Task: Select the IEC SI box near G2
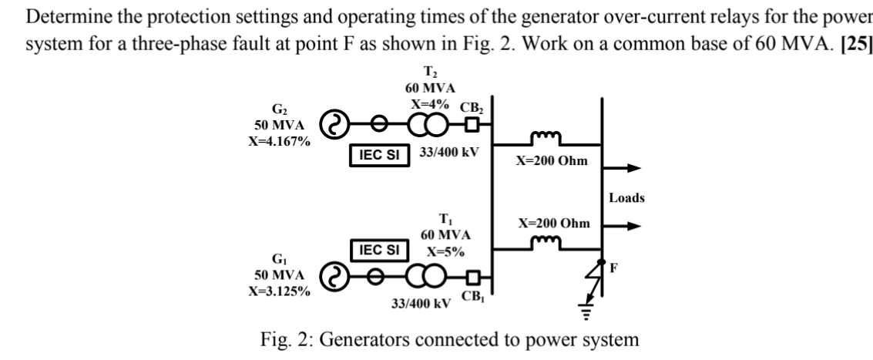(378, 153)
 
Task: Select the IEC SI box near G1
(378, 249)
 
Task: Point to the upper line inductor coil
(547, 139)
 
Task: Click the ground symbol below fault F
(584, 310)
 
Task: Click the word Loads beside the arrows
(626, 198)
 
